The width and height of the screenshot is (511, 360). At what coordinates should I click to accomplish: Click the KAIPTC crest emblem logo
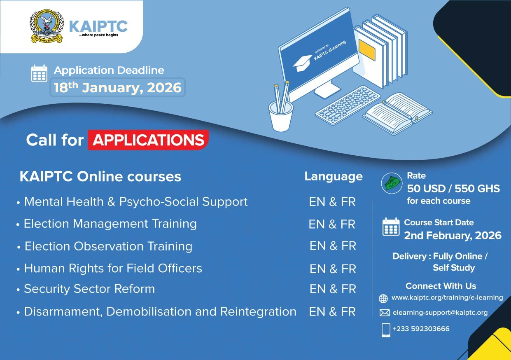[x=47, y=26]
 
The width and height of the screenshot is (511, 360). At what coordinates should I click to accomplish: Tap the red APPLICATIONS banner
[x=148, y=140]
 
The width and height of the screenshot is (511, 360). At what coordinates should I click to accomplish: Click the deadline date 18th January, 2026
[x=117, y=88]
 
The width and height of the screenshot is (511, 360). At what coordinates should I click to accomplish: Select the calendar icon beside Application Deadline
[x=39, y=73]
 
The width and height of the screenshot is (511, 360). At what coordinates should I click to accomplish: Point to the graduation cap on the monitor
[x=303, y=63]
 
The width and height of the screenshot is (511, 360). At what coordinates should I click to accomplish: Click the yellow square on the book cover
[x=367, y=50]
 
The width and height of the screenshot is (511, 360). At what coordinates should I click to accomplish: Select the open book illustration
[x=397, y=113]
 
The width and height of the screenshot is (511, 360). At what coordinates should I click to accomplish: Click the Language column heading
[x=334, y=177]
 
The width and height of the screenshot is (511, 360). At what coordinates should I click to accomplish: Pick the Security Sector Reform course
[x=89, y=289]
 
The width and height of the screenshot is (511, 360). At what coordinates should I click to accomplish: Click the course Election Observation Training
[x=108, y=247]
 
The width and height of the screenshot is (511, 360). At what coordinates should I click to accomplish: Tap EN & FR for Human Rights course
[x=333, y=269]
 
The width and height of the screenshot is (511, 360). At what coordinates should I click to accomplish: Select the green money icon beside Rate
[x=392, y=183]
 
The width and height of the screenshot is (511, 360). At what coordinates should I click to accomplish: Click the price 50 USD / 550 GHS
[x=453, y=189]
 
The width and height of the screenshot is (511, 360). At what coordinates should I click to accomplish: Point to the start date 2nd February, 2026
[x=453, y=236]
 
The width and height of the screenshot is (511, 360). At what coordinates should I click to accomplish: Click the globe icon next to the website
[x=383, y=298]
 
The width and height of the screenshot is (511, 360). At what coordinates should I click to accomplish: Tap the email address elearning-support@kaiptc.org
[x=440, y=313]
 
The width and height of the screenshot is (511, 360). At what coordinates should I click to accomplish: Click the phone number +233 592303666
[x=421, y=329]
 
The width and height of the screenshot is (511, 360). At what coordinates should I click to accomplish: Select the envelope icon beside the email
[x=385, y=313]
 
